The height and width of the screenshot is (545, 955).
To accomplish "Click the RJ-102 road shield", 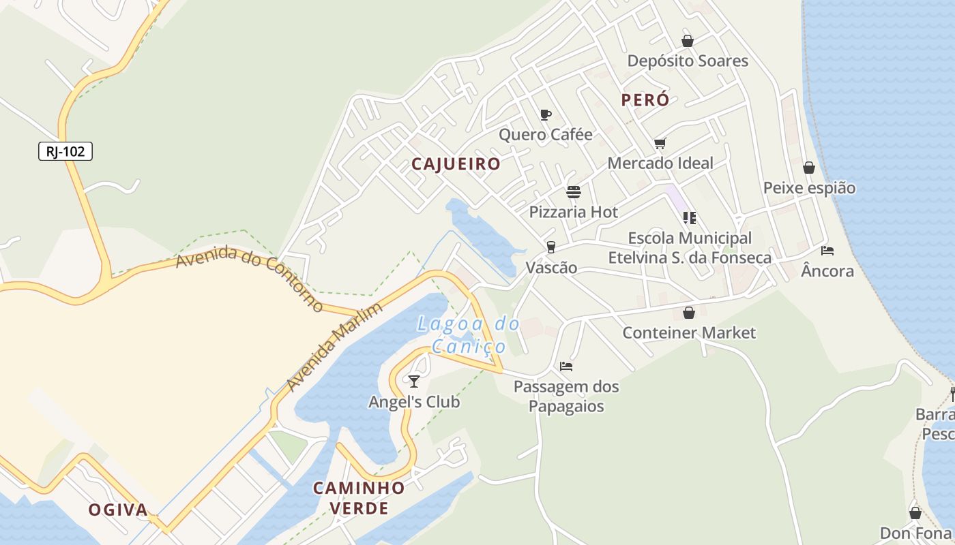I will [65, 151].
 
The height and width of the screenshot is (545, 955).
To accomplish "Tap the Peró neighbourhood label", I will [645, 100].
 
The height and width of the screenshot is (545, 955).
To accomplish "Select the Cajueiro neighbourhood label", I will [456, 164].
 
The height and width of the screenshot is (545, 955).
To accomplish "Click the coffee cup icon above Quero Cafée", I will [545, 114].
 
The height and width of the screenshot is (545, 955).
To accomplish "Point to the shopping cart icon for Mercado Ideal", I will [660, 143].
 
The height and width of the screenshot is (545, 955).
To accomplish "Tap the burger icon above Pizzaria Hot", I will [573, 192].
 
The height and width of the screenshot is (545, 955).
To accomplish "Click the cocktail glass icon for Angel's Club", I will [414, 381].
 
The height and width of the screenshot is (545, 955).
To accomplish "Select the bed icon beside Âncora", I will [827, 251].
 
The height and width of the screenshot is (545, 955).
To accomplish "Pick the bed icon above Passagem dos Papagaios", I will [566, 367].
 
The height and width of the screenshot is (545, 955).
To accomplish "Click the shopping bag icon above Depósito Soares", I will [687, 41].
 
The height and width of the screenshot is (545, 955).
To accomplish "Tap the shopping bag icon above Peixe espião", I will [809, 168].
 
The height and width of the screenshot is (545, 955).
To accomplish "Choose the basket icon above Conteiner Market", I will [689, 313].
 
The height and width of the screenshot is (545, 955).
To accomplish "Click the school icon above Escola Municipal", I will [689, 218].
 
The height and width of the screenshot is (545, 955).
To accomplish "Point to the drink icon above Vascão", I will [550, 247].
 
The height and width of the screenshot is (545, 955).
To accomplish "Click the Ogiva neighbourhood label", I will [118, 510].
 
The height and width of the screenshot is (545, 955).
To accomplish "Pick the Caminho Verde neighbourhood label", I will [359, 498].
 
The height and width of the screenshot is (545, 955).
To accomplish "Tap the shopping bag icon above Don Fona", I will [915, 513].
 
